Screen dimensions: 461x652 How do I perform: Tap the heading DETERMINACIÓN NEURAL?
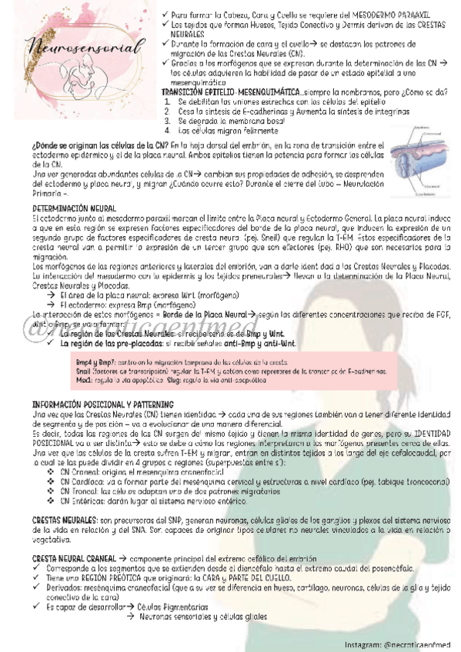coord(75,209)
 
